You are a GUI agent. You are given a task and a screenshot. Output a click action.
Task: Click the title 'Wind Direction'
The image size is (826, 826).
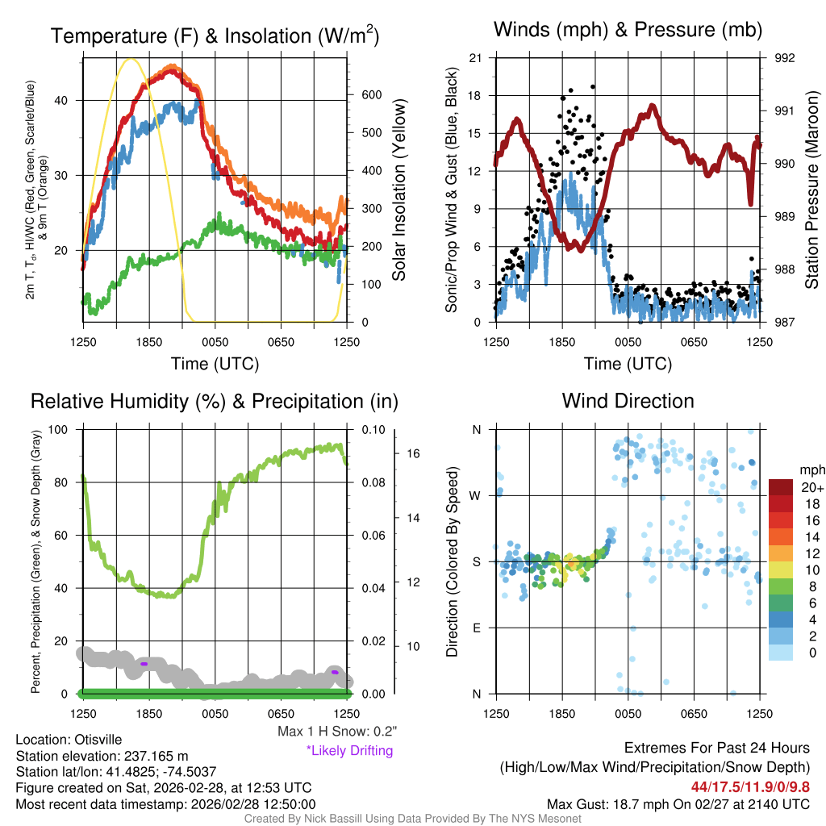click(x=628, y=401)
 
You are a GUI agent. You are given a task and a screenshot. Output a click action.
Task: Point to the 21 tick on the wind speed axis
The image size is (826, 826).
click(x=476, y=58)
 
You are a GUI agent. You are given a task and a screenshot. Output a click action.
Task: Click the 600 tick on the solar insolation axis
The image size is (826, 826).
click(x=370, y=95)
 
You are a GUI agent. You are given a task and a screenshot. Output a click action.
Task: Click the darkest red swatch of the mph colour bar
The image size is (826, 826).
click(x=782, y=487)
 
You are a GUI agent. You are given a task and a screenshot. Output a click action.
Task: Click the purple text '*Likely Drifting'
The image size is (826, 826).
click(x=349, y=751)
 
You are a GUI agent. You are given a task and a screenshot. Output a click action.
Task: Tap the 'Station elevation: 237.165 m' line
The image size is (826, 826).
click(x=102, y=756)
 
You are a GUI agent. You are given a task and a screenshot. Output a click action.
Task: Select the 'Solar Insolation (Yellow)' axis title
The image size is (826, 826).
click(x=398, y=190)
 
